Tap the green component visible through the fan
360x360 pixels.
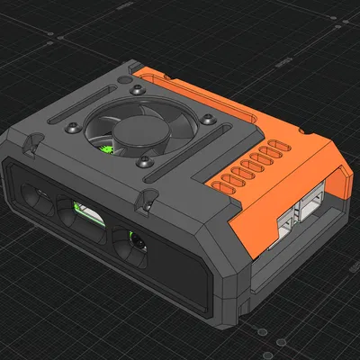coord(106,149)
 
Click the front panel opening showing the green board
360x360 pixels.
coord(85,219)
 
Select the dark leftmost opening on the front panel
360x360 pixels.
coord(38,198)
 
